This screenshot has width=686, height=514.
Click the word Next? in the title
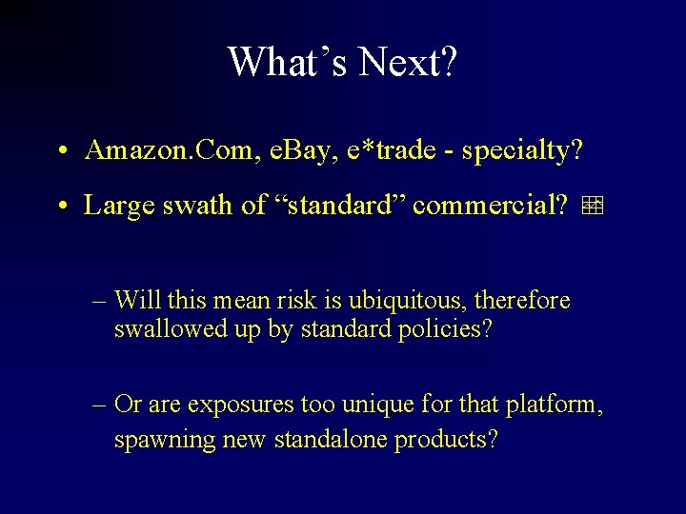point(404,62)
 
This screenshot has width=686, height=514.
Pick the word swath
point(198,205)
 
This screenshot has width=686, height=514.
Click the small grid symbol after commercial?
point(594,205)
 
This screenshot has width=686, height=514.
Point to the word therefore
point(523,301)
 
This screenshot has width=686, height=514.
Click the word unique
point(367,405)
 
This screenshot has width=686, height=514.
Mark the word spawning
point(159,441)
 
